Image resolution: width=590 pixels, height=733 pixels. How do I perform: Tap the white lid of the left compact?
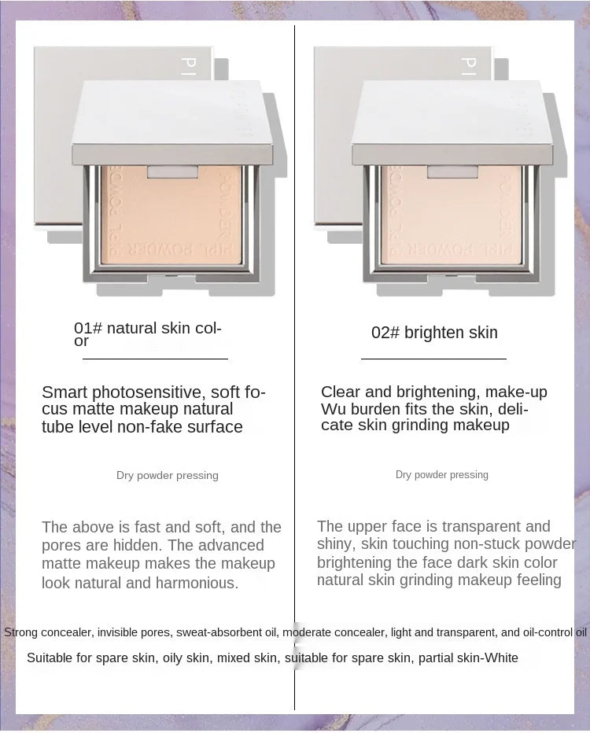(x=172, y=122)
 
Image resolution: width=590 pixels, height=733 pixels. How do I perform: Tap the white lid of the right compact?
(x=452, y=122)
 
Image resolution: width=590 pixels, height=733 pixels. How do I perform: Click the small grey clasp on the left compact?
(x=172, y=171)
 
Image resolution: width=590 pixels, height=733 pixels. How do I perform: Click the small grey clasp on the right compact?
(x=452, y=171)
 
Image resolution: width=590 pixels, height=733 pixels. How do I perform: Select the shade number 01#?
(x=88, y=328)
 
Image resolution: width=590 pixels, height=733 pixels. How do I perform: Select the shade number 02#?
(x=385, y=333)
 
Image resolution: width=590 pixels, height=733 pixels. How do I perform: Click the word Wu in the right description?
(x=334, y=409)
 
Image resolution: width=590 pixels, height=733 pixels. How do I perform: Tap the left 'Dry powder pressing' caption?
(x=168, y=475)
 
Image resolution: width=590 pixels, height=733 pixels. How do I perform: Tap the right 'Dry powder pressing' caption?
(x=442, y=474)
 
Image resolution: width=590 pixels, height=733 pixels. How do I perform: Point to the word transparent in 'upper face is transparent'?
(x=481, y=527)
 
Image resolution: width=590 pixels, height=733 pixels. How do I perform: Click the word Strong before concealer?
(x=20, y=632)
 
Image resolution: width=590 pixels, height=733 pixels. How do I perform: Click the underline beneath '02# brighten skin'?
(x=434, y=359)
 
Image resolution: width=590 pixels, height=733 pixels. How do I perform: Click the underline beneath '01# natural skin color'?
(x=155, y=359)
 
